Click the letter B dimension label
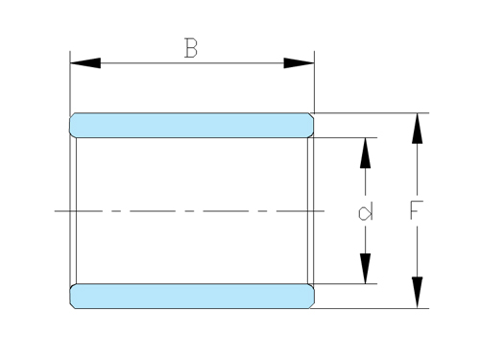tap(191, 48)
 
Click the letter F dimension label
tap(415, 210)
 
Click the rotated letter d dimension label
tap(366, 210)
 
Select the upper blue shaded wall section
tap(192, 125)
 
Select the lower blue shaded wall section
tap(192, 296)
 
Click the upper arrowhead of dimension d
tap(366, 152)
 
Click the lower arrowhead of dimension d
tap(366, 270)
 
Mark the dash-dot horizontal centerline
tap(192, 210)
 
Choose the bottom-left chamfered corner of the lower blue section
tap(72, 305)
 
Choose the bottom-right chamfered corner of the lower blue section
tap(312, 305)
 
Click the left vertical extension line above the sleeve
tap(70, 82)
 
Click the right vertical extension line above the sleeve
tap(314, 82)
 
